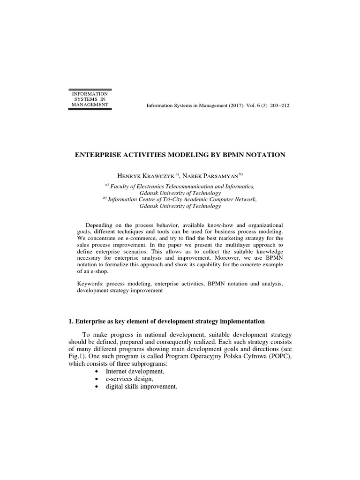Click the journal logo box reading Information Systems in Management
pyautogui.click(x=90, y=99)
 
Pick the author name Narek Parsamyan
pyautogui.click(x=210, y=175)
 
